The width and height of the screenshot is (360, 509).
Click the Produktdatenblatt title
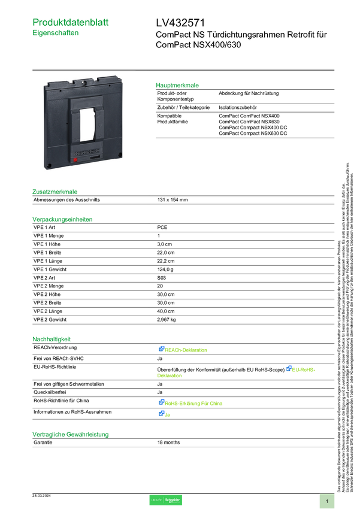[x=71, y=22]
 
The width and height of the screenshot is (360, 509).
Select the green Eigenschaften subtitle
[x=56, y=34]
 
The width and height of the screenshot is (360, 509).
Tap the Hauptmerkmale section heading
[x=177, y=85]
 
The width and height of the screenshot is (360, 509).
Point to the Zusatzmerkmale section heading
[x=55, y=192]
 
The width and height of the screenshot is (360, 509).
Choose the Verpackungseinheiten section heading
[x=62, y=219]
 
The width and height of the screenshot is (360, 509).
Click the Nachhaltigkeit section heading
[x=52, y=338]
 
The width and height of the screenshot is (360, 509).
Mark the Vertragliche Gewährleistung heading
[x=70, y=434]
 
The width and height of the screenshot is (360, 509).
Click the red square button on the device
[x=75, y=160]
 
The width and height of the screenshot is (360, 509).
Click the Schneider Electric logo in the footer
[x=165, y=501]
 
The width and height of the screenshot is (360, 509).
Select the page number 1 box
[x=327, y=501]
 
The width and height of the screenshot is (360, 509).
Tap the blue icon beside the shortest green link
[x=161, y=413]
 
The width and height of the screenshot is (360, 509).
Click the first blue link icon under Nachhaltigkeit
[x=161, y=349]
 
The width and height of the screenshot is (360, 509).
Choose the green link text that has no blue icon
[x=170, y=376]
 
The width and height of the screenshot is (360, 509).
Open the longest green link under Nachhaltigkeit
[x=194, y=403]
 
